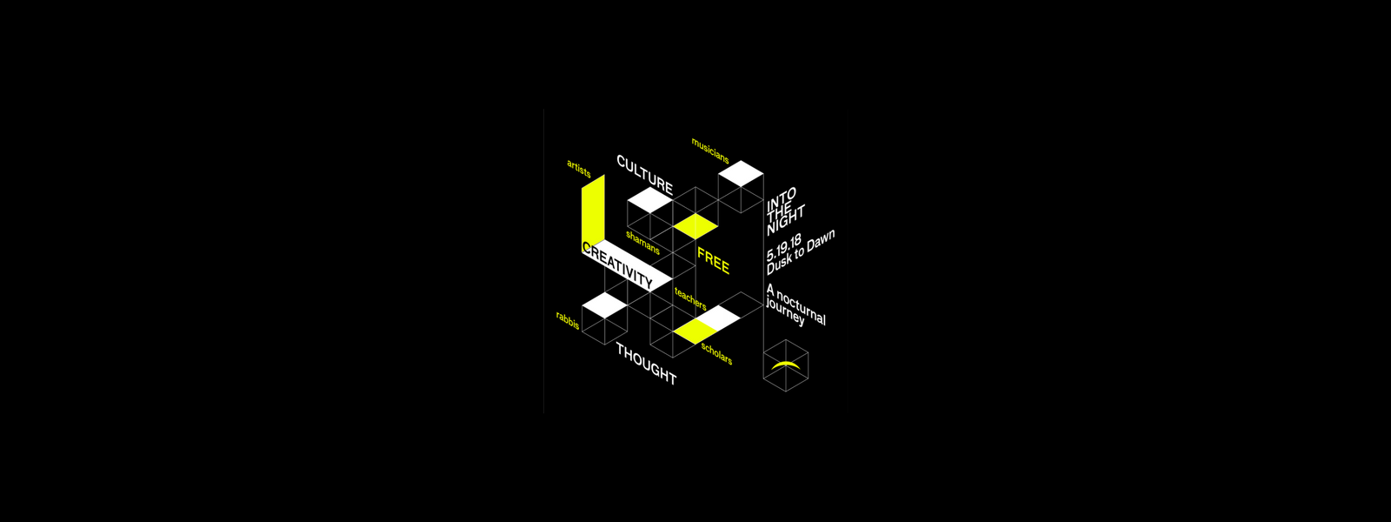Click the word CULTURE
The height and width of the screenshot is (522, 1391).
(x=644, y=175)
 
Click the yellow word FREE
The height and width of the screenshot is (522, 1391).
(x=713, y=260)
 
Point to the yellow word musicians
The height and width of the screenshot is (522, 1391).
(x=709, y=151)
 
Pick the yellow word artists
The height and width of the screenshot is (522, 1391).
(x=579, y=169)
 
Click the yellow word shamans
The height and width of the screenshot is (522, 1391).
(x=642, y=243)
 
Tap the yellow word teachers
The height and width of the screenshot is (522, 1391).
(x=690, y=298)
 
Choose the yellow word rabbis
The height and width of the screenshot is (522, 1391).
(x=568, y=321)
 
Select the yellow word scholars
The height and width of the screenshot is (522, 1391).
(x=716, y=353)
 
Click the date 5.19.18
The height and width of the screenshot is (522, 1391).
(x=783, y=247)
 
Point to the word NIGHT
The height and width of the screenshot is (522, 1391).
(x=786, y=221)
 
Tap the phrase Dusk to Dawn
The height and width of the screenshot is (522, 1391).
(x=801, y=252)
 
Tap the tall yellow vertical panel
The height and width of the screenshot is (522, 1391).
(x=593, y=210)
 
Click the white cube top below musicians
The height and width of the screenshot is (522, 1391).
(x=741, y=173)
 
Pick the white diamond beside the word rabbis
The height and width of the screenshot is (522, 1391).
(x=605, y=305)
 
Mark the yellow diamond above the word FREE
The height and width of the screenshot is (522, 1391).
(x=695, y=226)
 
